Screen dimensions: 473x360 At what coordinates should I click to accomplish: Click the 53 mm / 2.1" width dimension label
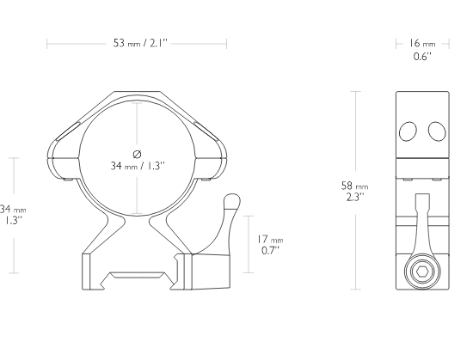[x=140, y=43]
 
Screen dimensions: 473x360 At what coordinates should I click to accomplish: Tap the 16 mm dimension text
[x=422, y=43]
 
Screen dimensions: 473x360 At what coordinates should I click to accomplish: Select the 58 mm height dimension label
[x=354, y=186]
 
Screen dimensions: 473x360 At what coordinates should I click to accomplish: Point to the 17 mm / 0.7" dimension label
[x=270, y=245]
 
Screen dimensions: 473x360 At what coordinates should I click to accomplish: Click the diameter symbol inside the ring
[x=137, y=155]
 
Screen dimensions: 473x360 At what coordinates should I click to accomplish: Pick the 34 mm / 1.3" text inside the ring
[x=138, y=166]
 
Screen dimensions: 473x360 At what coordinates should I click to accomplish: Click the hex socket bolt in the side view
[x=422, y=272]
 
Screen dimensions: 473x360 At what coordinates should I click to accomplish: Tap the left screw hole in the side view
[x=408, y=131]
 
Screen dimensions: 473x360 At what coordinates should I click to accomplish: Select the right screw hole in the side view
[x=437, y=131]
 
